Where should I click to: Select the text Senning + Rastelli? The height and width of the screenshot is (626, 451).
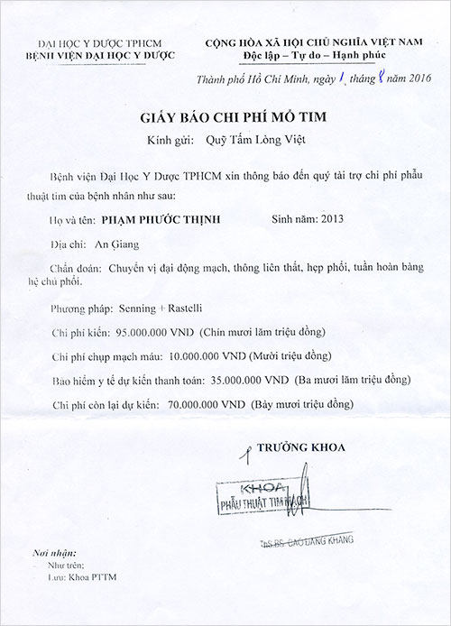pyautogui.click(x=154, y=307)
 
